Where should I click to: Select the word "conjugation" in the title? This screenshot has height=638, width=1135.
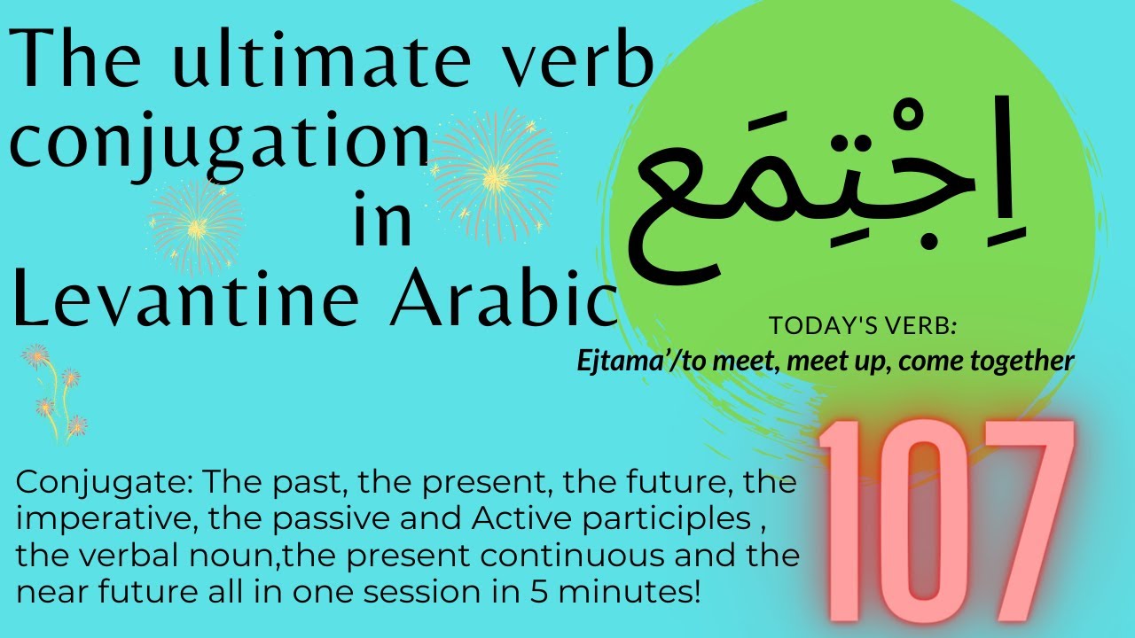[219, 144]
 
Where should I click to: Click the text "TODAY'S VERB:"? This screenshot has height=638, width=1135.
[863, 326]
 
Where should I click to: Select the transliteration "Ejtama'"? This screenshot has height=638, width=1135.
[612, 361]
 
